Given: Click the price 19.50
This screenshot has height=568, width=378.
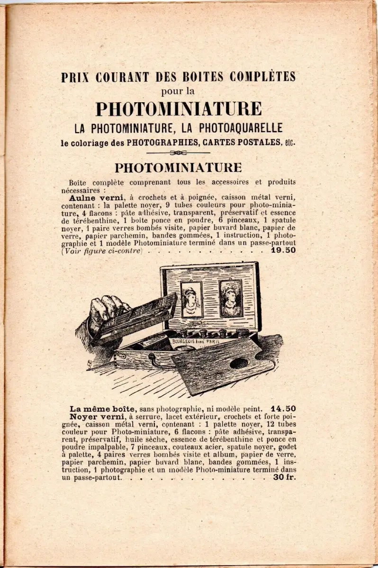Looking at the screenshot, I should coord(283,250).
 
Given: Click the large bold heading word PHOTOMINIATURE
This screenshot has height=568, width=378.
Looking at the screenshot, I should coord(179,109).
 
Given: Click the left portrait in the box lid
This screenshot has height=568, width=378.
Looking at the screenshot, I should coord(192,299).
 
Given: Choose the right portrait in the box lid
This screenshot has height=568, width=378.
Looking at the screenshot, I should coord(231,298).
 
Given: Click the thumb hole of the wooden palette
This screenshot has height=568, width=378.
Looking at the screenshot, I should coord(239,363).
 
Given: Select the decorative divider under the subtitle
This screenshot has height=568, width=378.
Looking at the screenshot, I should coord(179,152).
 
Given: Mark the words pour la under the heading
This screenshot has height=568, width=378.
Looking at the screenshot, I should coord(178,91).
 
